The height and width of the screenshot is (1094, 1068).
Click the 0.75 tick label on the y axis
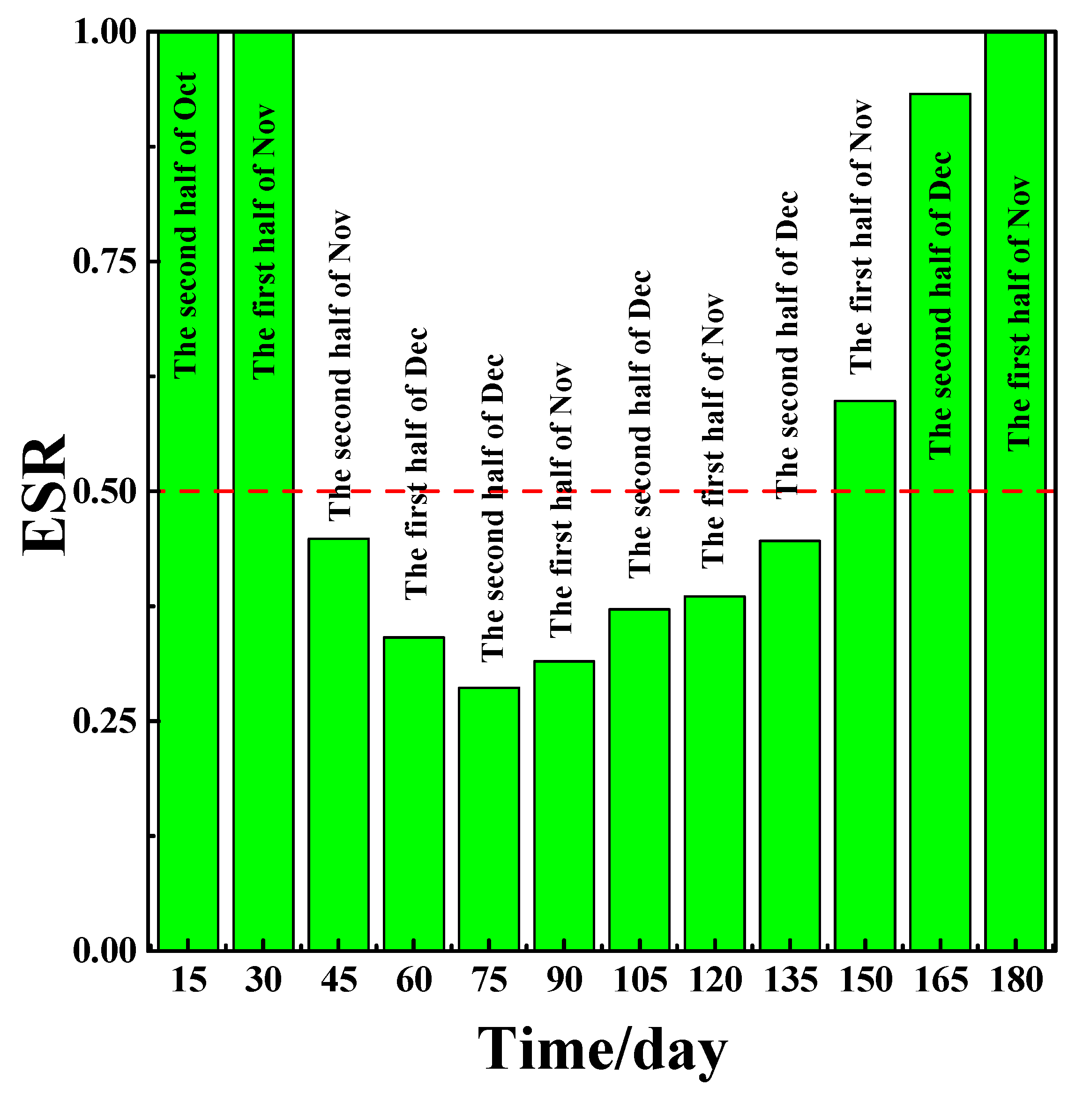(x=105, y=262)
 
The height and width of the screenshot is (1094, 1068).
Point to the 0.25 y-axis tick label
(x=105, y=721)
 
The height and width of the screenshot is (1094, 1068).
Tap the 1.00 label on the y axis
(x=105, y=32)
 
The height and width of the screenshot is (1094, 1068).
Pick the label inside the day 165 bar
(x=940, y=306)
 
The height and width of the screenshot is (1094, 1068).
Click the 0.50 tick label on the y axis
(x=105, y=492)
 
